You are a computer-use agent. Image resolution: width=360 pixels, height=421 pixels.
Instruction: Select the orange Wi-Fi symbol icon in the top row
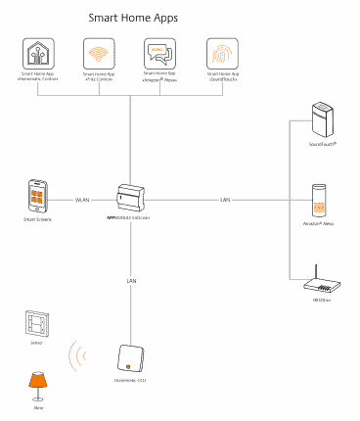(97, 53)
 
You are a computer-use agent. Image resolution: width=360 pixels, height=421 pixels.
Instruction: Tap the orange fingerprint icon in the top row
(222, 53)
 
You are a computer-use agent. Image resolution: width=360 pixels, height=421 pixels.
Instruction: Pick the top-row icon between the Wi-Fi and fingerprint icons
(158, 53)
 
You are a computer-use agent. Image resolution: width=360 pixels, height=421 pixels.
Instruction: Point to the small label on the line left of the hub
(83, 200)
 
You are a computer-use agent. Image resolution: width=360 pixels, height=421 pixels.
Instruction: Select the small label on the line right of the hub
(224, 200)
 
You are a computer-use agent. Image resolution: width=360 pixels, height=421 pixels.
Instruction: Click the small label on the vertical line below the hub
(131, 281)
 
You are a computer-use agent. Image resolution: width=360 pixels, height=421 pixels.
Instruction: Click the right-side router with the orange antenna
(322, 285)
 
